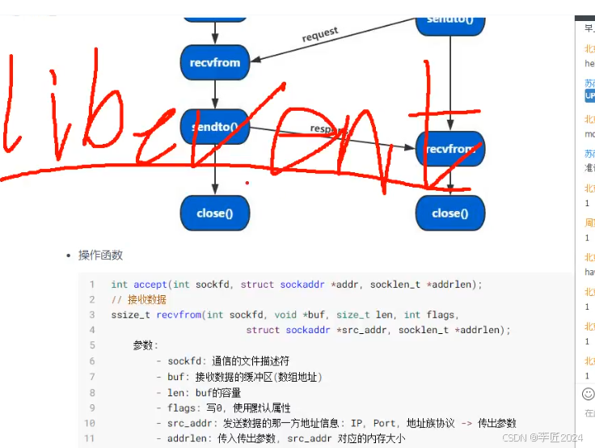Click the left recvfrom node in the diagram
tap(214, 62)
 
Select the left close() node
tap(214, 213)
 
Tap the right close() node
tap(449, 213)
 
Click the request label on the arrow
tap(320, 36)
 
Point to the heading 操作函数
tap(100, 256)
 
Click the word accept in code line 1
tap(150, 285)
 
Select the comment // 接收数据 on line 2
tap(138, 300)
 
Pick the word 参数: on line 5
tap(146, 346)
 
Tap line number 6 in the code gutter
tap(92, 361)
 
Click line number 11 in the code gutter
tap(90, 438)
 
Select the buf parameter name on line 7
tap(176, 377)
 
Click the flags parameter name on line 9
tap(182, 408)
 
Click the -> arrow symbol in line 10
tap(467, 423)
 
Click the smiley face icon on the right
tap(588, 395)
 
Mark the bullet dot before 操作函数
tap(69, 256)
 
